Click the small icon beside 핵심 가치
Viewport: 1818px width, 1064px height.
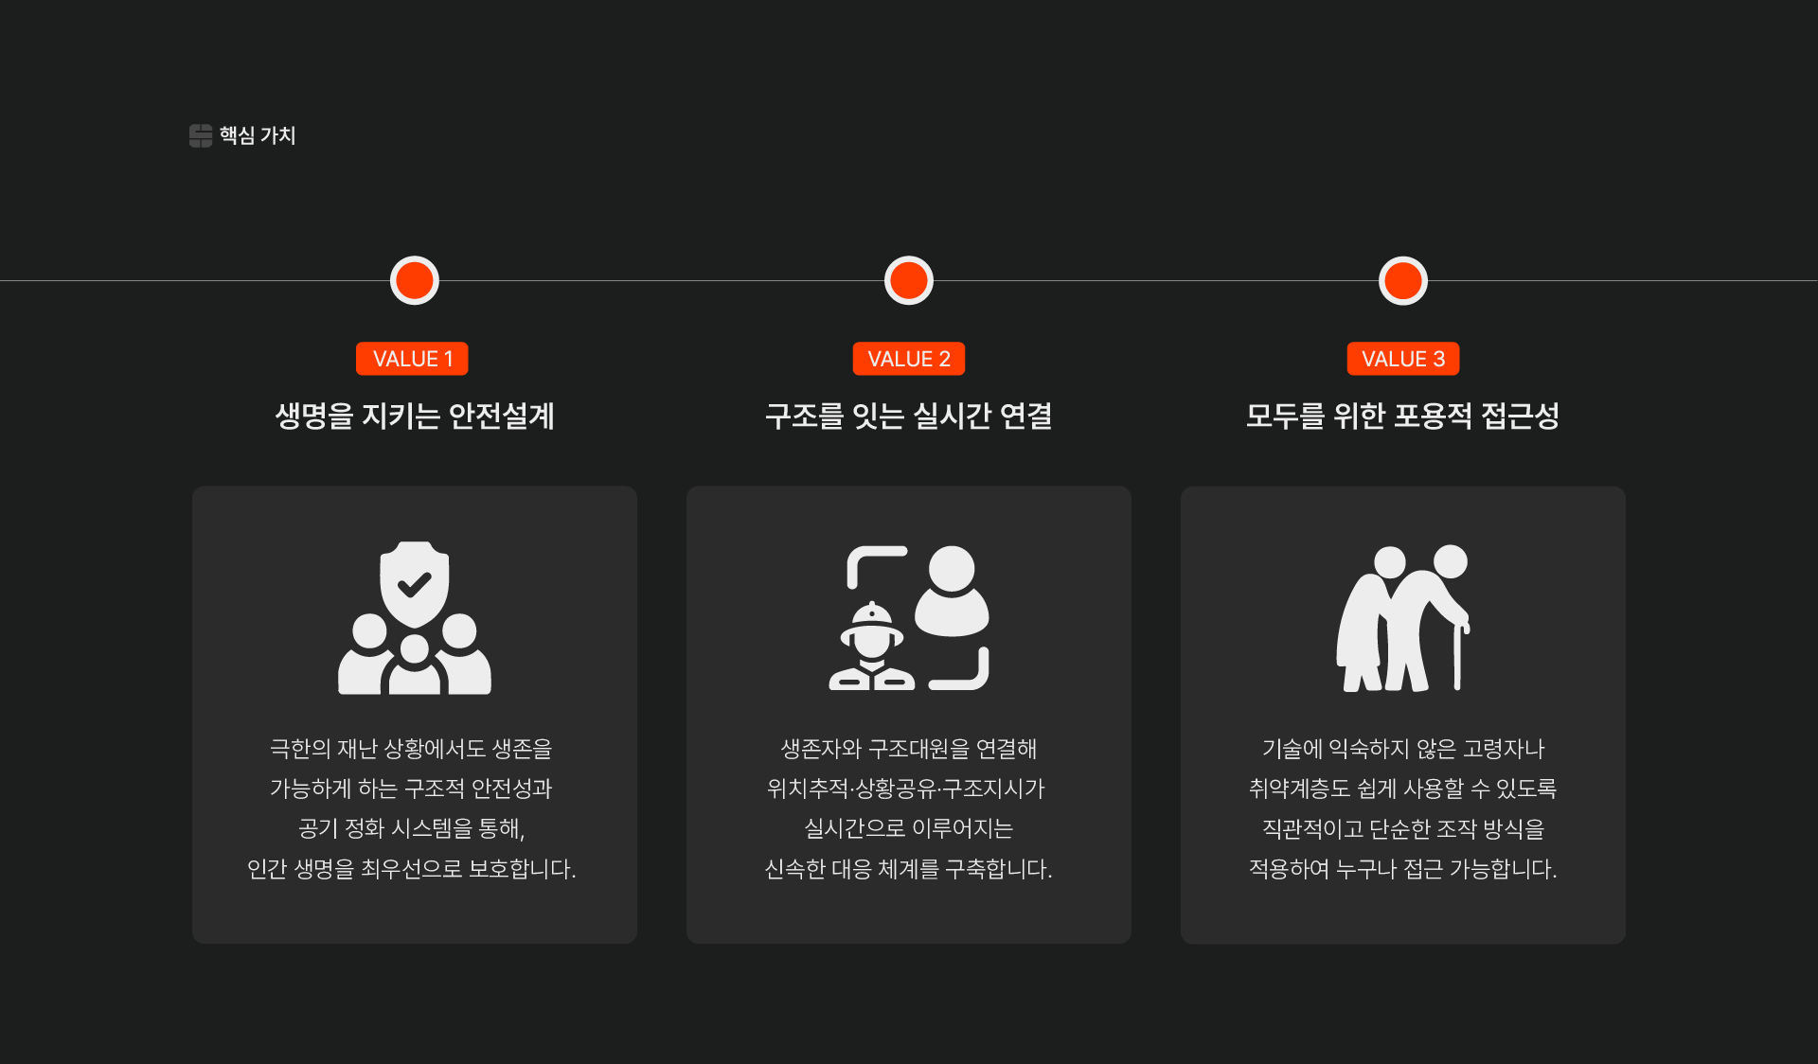pos(200,135)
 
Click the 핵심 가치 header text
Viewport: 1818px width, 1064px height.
pos(258,135)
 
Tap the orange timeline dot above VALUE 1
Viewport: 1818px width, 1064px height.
pos(415,280)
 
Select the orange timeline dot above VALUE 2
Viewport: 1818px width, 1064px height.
pos(909,280)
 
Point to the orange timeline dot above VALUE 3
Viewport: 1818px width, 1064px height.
pos(1403,280)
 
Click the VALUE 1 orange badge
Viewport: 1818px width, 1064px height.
pos(413,359)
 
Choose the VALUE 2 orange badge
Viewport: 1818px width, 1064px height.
pos(909,359)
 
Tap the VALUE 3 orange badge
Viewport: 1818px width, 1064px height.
pos(1403,359)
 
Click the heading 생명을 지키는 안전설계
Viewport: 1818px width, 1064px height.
pos(415,416)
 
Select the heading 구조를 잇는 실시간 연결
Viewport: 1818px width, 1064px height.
pos(909,416)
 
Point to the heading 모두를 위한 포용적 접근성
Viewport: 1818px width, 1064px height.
pos(1403,416)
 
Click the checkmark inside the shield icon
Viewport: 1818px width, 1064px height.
pos(414,584)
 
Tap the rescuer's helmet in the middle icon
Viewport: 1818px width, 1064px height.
pos(872,620)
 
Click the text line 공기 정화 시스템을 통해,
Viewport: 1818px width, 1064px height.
pos(411,828)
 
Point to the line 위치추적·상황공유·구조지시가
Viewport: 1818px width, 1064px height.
pos(906,789)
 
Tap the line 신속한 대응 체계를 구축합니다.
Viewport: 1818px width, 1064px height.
pos(908,868)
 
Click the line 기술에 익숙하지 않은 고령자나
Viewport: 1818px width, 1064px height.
pos(1403,749)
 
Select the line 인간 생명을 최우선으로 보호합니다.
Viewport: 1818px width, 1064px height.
pos(411,868)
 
